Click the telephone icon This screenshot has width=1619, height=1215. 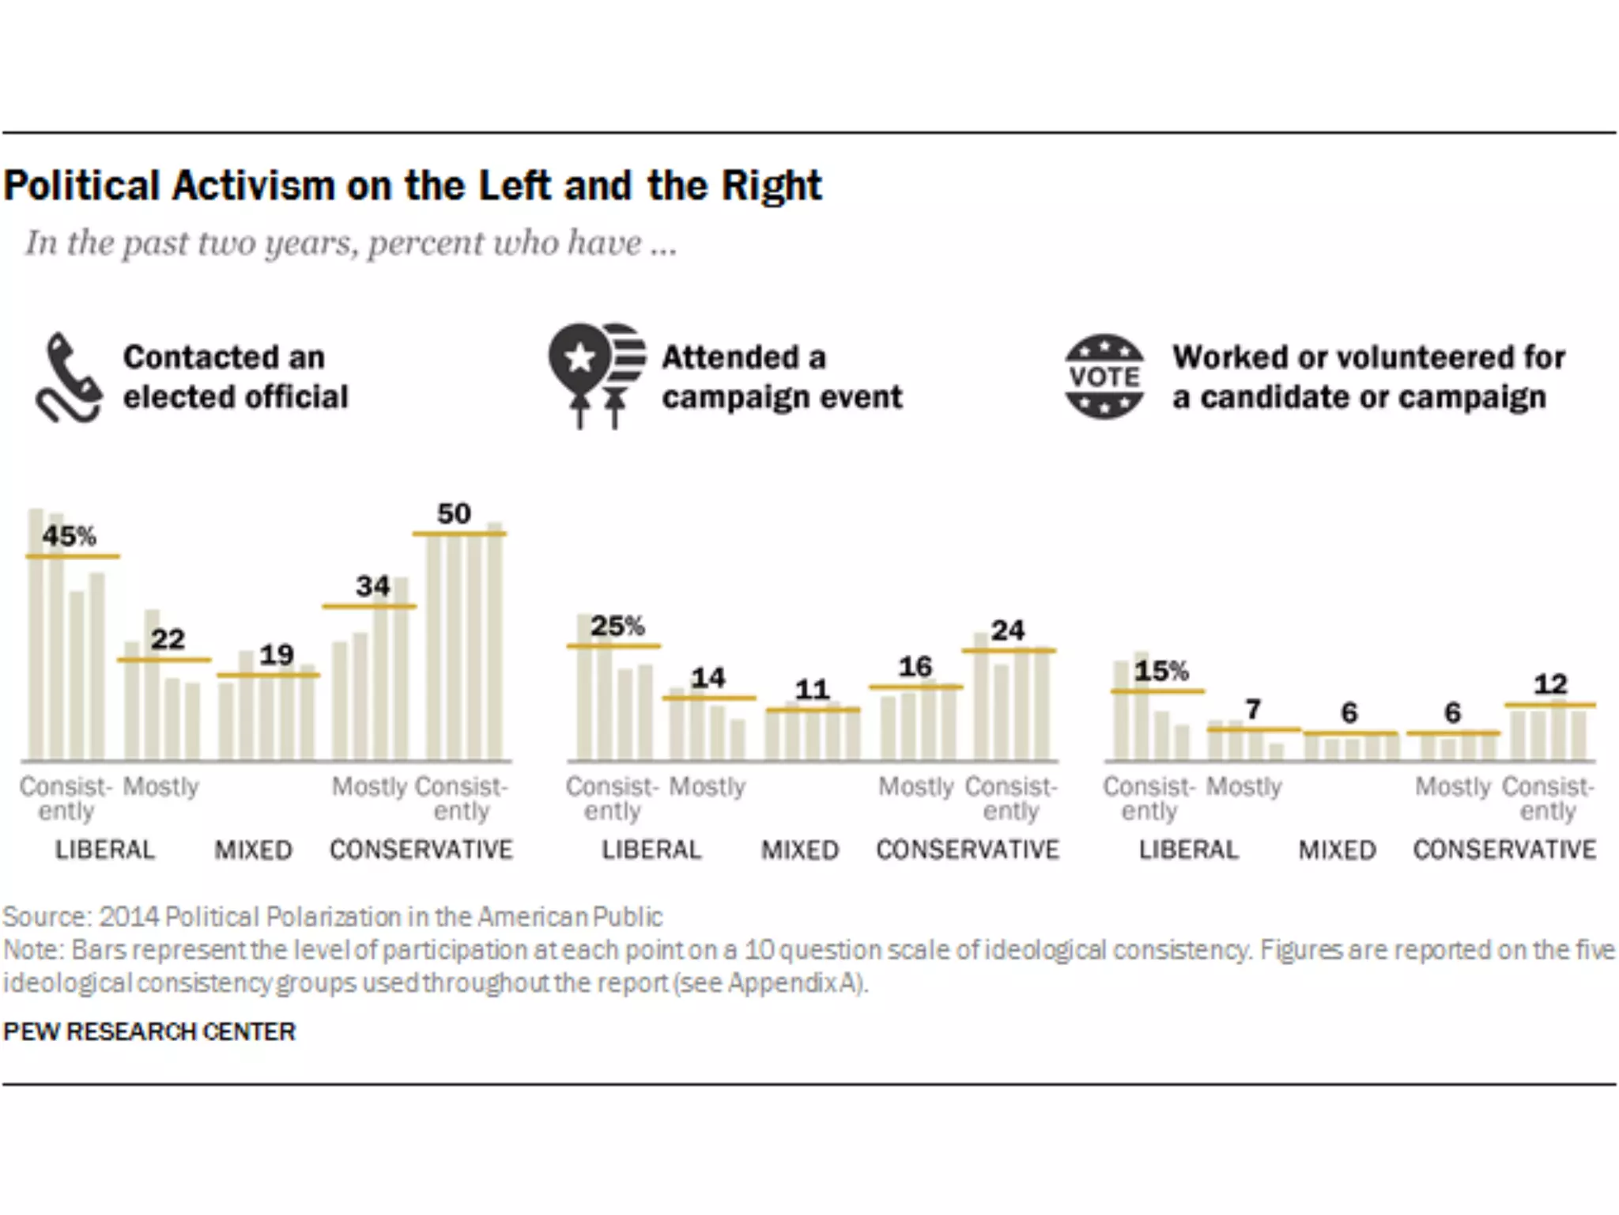click(x=68, y=378)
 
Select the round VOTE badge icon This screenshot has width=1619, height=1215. click(x=1104, y=377)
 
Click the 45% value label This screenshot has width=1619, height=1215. click(x=70, y=536)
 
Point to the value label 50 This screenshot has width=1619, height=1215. click(x=454, y=514)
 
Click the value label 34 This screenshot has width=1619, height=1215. click(x=372, y=586)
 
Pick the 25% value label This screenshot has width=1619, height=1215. click(x=617, y=626)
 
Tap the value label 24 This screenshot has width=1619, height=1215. click(x=1008, y=630)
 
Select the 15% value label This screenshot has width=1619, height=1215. click(x=1161, y=672)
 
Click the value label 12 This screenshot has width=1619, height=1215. click(x=1550, y=684)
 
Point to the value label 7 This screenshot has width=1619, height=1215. click(x=1253, y=710)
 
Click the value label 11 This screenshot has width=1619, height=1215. click(x=812, y=690)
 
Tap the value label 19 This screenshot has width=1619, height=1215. click(x=277, y=655)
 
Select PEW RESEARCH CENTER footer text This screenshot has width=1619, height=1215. click(x=149, y=1031)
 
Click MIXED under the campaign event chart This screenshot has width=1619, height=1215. click(x=800, y=850)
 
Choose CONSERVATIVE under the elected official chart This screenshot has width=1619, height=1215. click(x=421, y=850)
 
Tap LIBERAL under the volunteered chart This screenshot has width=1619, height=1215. click(x=1188, y=850)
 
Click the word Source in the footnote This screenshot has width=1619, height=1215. click(x=47, y=917)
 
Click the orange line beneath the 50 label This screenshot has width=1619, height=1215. click(x=459, y=535)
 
